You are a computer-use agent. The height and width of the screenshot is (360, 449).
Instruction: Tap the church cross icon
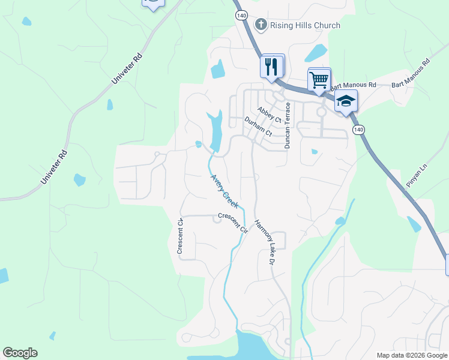[261, 25]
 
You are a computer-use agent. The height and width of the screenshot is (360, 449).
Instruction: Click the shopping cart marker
[319, 79]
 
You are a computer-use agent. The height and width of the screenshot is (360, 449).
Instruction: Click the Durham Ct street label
[258, 127]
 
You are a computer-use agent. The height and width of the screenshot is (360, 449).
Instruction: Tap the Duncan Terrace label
[288, 125]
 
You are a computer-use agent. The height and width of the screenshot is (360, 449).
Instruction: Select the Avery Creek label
[225, 191]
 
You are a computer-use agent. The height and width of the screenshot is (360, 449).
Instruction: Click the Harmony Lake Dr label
[264, 242]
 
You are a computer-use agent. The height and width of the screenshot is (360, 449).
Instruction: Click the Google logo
[20, 353]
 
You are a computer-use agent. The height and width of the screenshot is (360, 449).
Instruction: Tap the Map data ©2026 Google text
[412, 355]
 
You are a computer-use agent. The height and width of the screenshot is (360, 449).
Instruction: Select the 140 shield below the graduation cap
[358, 130]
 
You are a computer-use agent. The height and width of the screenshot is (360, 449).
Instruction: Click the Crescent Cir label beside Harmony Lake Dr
[233, 223]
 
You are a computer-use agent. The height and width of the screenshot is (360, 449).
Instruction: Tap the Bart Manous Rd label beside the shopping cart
[353, 86]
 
